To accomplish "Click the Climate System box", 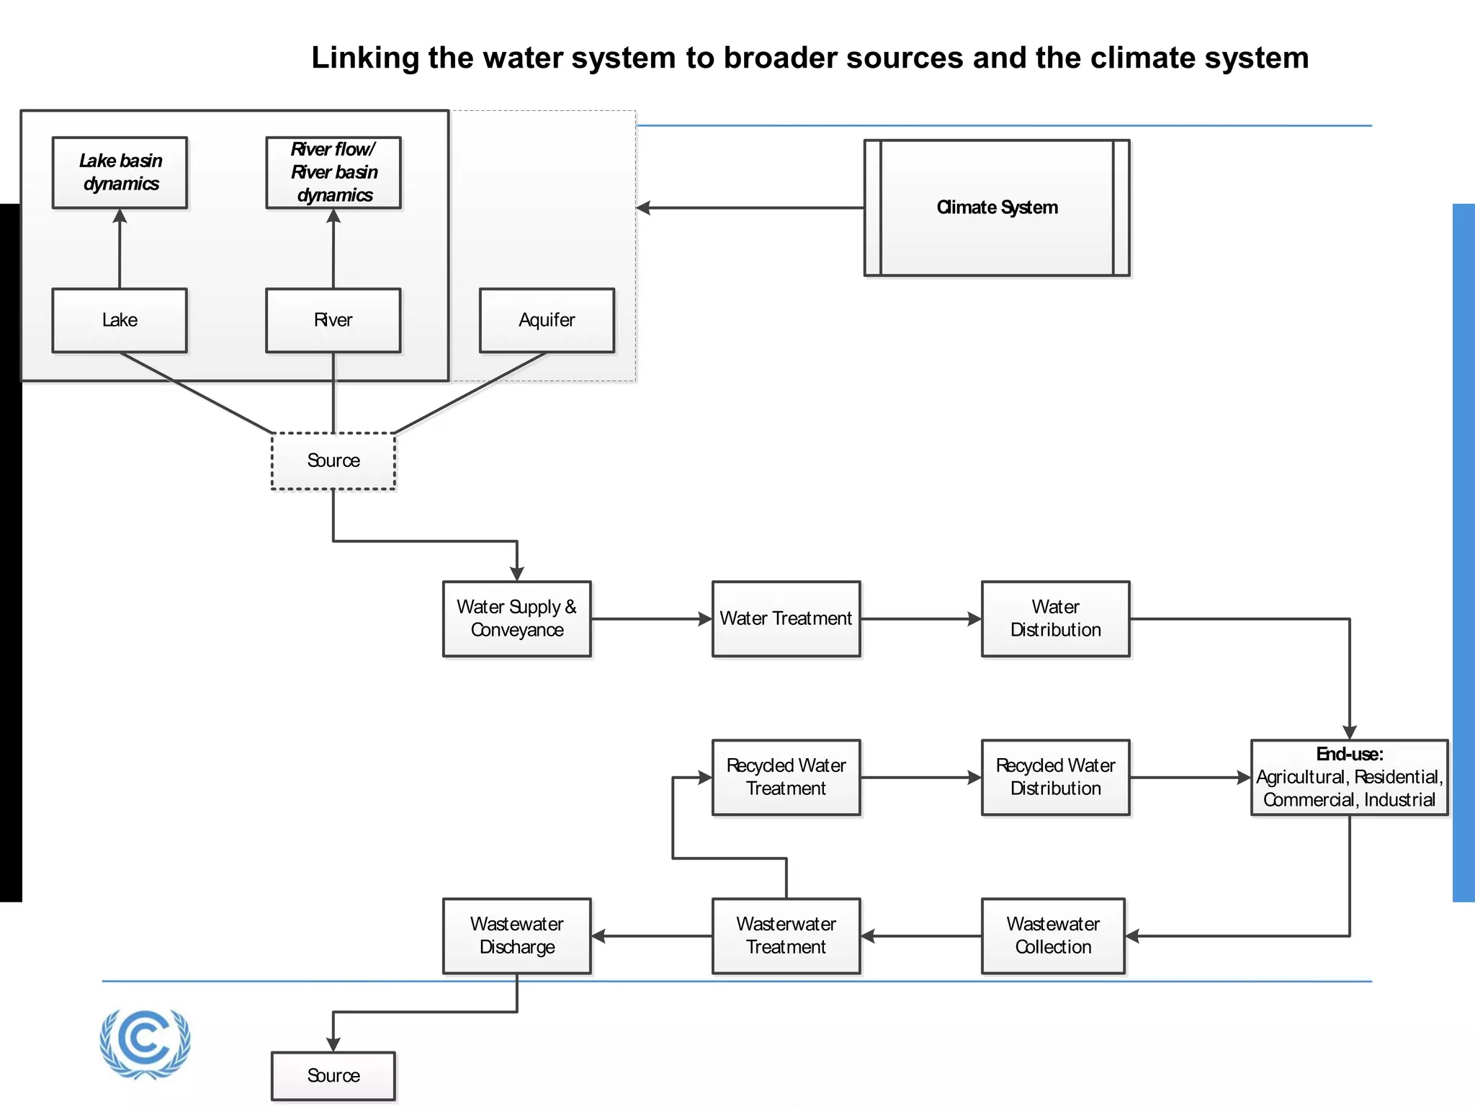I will click(x=997, y=208).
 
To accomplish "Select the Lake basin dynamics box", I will click(x=120, y=172).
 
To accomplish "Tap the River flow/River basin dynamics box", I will click(x=333, y=172).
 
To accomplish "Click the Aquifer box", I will click(x=547, y=320).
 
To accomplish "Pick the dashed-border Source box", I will click(x=333, y=461).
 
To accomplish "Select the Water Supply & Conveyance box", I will click(x=517, y=618).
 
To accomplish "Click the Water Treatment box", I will click(x=786, y=618).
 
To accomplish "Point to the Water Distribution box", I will click(x=1055, y=618).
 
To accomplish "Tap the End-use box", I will click(x=1349, y=777).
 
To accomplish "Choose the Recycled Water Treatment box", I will click(x=786, y=777).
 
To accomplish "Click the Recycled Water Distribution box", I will click(x=1055, y=777).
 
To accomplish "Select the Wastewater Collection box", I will click(x=1053, y=935).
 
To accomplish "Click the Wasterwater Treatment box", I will click(x=786, y=935).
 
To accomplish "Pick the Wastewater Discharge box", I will click(x=517, y=935).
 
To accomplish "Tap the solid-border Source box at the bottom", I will click(x=333, y=1075).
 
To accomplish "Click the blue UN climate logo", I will click(x=145, y=1042).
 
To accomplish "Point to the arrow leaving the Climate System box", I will click(x=749, y=208).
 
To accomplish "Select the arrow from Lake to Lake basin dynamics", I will click(x=120, y=249).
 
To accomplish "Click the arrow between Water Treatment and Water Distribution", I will click(x=920, y=618).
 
